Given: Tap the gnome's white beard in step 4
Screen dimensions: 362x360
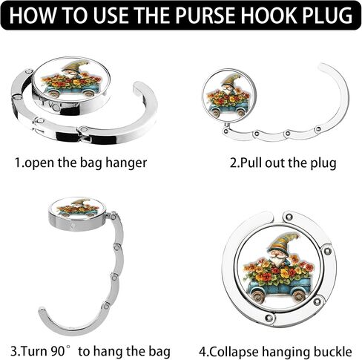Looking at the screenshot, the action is click(x=278, y=261).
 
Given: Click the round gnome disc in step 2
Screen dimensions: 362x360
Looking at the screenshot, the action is click(x=229, y=96).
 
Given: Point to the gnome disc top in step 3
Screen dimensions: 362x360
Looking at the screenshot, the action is click(x=78, y=209).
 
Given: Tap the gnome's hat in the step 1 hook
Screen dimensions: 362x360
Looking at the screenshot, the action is click(x=75, y=65).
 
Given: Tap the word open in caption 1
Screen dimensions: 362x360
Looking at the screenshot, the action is click(x=40, y=163).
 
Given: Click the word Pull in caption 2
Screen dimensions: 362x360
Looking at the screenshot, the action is click(x=251, y=163).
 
